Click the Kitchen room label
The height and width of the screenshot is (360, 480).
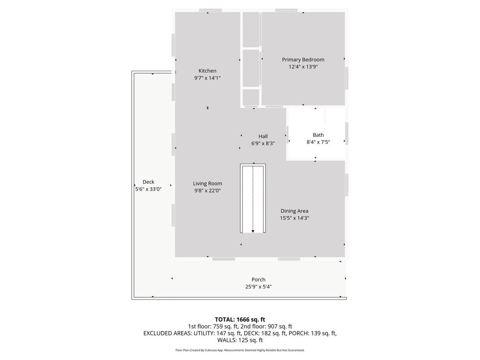point(207,71)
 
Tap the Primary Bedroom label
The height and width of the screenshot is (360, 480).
point(303,60)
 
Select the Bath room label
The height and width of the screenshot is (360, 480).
point(318,135)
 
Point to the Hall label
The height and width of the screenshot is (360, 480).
point(263,136)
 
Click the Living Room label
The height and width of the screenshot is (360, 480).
point(208,183)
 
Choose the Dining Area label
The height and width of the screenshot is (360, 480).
point(294,211)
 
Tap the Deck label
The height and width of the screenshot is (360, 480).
point(149,182)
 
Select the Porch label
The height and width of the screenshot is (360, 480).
point(258,279)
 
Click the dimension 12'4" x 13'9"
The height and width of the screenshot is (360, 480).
point(303,67)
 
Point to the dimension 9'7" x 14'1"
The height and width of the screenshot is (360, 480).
point(207,78)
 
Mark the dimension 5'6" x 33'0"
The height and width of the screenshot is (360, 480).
point(149,189)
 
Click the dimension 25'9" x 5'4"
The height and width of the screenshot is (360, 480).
point(258,287)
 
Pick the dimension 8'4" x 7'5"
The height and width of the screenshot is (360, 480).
point(318,142)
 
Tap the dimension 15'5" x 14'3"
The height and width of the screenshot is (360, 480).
point(294,218)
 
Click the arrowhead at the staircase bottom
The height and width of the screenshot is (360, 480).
point(253,231)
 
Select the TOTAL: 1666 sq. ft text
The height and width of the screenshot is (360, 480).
point(240,320)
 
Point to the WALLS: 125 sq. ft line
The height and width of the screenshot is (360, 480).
point(240,340)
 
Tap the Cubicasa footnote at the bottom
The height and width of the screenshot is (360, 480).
point(240,350)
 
